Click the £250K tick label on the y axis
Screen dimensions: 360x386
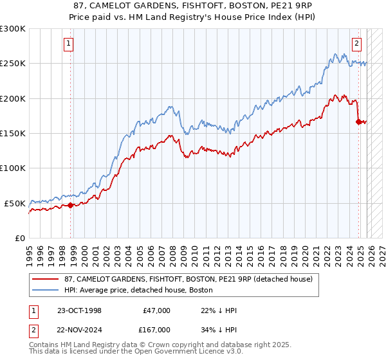13,64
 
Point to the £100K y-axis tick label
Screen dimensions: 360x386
13,168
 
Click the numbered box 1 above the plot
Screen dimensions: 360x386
68,44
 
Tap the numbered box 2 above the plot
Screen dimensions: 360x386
356,44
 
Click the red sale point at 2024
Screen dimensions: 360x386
358,121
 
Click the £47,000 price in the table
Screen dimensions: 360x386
157,310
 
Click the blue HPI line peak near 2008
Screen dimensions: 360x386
169,105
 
